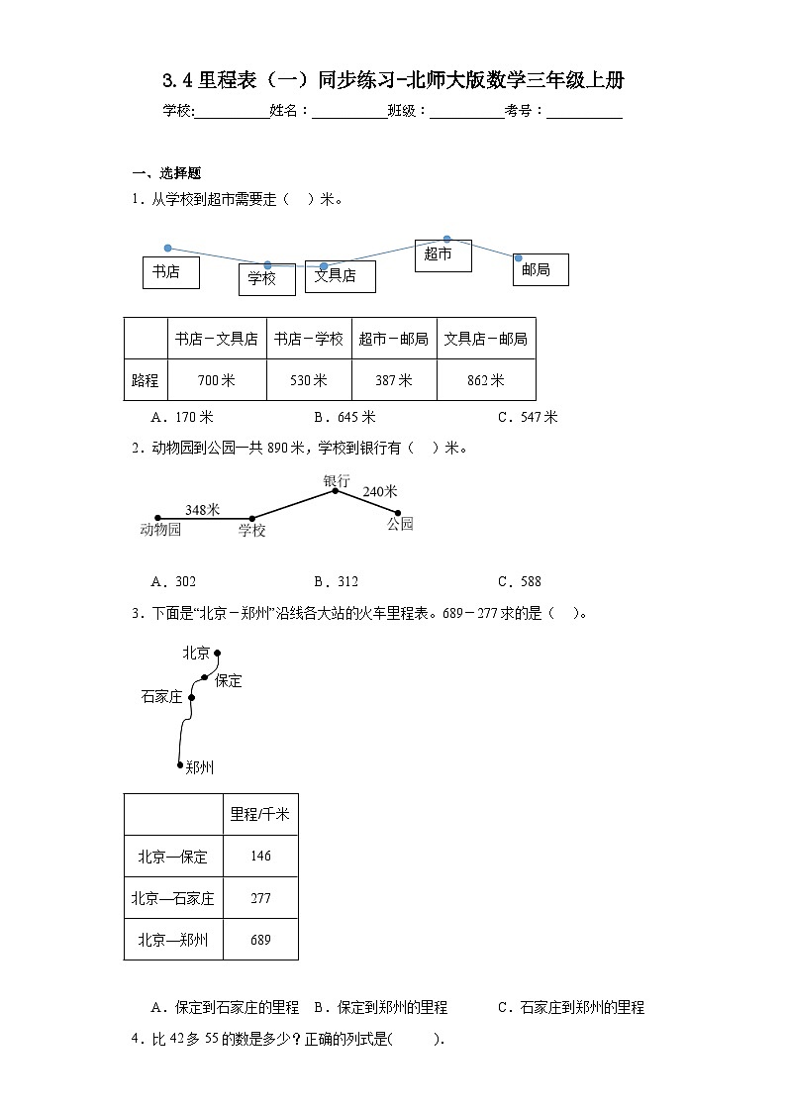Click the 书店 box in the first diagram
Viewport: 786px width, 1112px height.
170,272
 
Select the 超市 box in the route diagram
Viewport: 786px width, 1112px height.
442,255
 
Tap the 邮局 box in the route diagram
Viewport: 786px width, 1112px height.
540,269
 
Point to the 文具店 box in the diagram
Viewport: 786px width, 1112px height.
340,276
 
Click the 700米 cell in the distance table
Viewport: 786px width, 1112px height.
217,380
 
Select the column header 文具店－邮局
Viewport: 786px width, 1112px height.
485,339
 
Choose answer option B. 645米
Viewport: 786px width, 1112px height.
344,417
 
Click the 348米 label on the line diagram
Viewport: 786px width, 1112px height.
202,509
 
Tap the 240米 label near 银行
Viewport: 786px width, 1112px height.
379,491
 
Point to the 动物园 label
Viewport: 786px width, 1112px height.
161,529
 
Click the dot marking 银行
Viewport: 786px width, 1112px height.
336,490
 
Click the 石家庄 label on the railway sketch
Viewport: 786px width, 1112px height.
162,697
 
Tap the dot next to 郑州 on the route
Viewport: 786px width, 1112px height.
180,764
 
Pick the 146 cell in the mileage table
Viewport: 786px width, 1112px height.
260,857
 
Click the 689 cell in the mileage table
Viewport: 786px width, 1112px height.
260,940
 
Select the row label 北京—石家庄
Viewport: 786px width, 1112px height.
173,898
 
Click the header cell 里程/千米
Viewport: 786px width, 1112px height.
260,814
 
